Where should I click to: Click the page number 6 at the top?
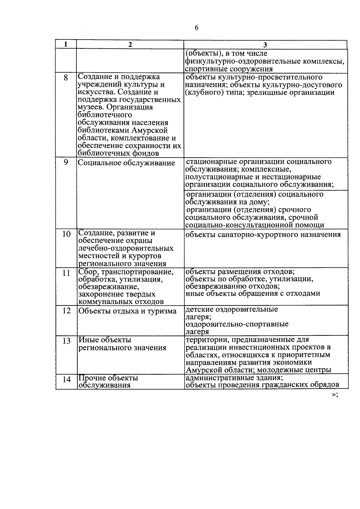pyautogui.click(x=196, y=28)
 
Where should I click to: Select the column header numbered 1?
pyautogui.click(x=66, y=44)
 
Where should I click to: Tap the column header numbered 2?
pyautogui.click(x=130, y=44)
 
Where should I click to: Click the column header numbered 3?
pyautogui.click(x=265, y=45)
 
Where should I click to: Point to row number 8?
pyautogui.click(x=66, y=78)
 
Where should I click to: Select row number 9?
pyautogui.click(x=66, y=162)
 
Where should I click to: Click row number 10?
pyautogui.click(x=66, y=234)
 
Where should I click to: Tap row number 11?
pyautogui.click(x=66, y=273)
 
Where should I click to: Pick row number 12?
pyautogui.click(x=66, y=310)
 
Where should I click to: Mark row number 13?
pyautogui.click(x=66, y=341)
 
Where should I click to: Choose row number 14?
pyautogui.click(x=66, y=380)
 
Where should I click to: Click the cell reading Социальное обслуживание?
pyautogui.click(x=126, y=163)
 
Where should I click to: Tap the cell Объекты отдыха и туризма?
pyautogui.click(x=127, y=311)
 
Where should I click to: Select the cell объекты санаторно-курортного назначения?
pyautogui.click(x=263, y=234)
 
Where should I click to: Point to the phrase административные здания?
pyautogui.click(x=234, y=378)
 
